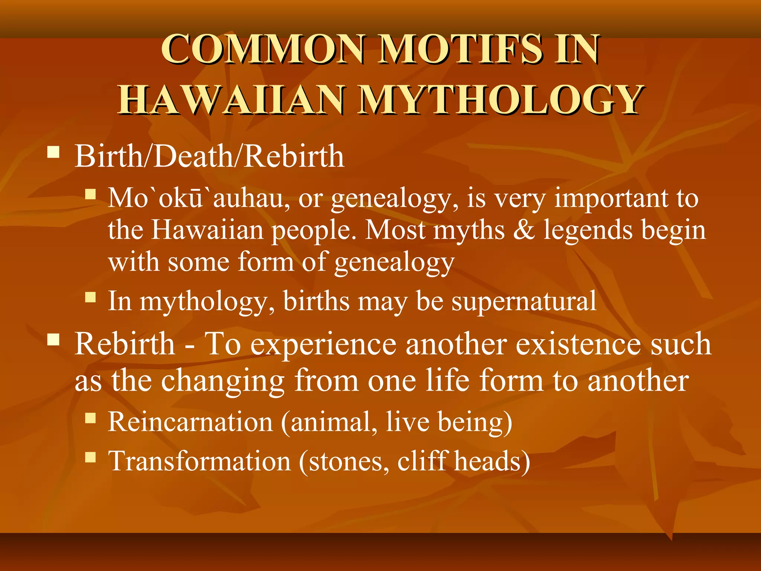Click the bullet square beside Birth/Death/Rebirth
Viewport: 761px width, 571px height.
(54, 152)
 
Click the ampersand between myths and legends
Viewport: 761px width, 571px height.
(524, 230)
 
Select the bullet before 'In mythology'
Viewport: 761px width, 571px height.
(90, 297)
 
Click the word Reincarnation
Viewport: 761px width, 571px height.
(191, 422)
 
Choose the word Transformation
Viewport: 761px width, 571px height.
(200, 461)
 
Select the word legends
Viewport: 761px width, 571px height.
(588, 230)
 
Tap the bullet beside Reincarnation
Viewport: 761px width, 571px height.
(90, 418)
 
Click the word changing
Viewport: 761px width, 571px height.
(223, 381)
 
